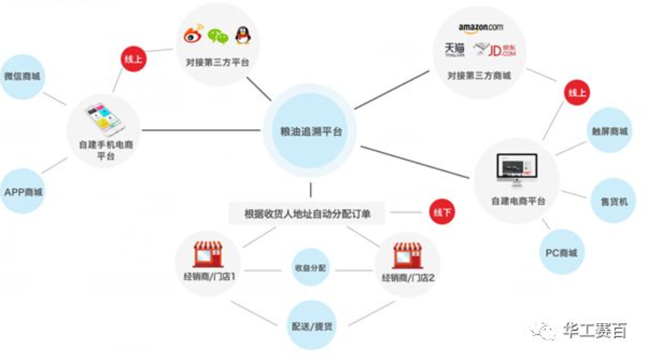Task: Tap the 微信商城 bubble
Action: (22, 77)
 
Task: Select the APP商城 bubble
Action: (23, 192)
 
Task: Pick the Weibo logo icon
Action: (193, 36)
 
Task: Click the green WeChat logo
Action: (218, 36)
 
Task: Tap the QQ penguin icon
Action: (242, 35)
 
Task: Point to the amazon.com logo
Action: (480, 28)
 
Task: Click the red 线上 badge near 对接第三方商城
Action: (576, 93)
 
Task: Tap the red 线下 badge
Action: (442, 213)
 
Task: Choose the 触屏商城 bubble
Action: (609, 131)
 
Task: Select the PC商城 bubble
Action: (560, 253)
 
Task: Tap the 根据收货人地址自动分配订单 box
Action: (307, 214)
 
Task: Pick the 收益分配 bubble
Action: (310, 268)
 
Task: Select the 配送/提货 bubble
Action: (312, 326)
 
